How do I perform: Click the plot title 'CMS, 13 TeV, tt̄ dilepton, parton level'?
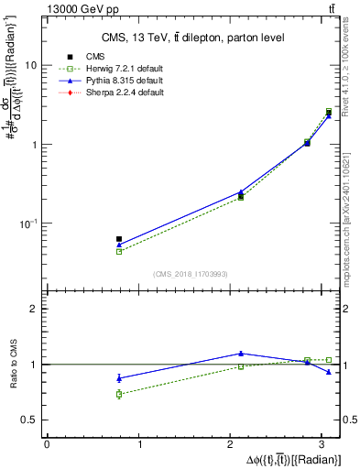point(191,37)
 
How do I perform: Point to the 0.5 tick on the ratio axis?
point(30,420)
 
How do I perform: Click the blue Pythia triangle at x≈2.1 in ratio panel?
point(241,353)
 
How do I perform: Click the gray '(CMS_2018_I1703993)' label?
point(191,274)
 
